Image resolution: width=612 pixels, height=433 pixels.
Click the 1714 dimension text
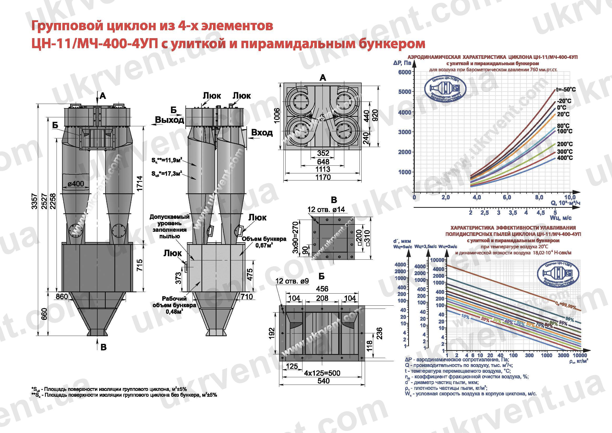[x=139, y=183]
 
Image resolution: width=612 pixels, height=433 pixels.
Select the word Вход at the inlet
[x=262, y=133]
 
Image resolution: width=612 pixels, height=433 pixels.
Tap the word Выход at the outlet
[x=170, y=120]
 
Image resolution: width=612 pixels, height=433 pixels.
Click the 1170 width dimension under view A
[x=323, y=177]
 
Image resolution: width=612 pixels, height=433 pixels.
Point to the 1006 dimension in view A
[x=277, y=116]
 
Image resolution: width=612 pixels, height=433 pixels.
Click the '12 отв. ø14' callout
[x=326, y=209]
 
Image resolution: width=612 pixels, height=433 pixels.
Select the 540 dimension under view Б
[x=323, y=381]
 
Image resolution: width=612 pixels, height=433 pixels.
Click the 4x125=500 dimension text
[x=322, y=373]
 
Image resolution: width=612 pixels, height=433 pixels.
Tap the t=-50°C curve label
[x=566, y=90]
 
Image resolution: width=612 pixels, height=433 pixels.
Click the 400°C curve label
[x=565, y=158]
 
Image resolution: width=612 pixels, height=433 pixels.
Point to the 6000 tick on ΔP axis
[x=404, y=72]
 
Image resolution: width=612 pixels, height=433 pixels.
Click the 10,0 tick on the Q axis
[x=570, y=198]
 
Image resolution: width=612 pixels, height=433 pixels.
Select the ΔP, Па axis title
[x=402, y=63]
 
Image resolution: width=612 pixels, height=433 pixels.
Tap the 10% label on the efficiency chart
[x=465, y=316]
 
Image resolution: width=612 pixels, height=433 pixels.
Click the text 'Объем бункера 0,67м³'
[x=264, y=242]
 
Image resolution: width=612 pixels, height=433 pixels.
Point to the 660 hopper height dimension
[x=44, y=314]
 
